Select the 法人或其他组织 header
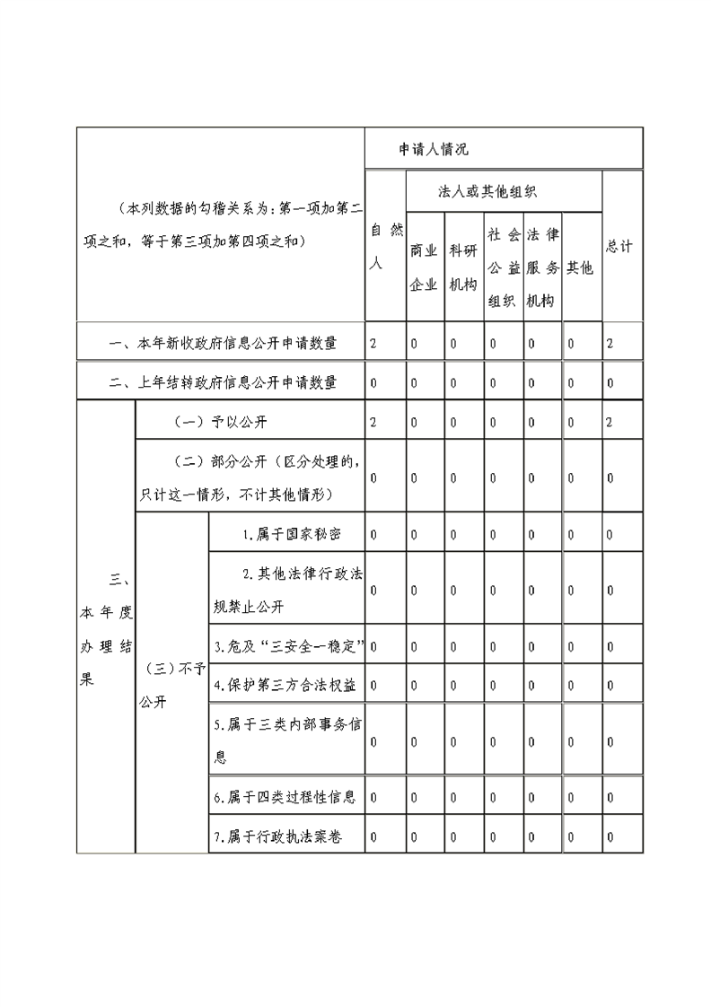[x=487, y=191]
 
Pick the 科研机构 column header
[x=463, y=267]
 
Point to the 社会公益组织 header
[x=504, y=267]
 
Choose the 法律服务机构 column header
[x=543, y=267]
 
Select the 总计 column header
[x=619, y=246]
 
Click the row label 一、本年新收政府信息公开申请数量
[x=223, y=343]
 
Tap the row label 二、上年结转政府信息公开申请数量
[x=223, y=382]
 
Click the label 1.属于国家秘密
[x=292, y=534]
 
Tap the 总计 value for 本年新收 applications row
[x=610, y=343]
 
